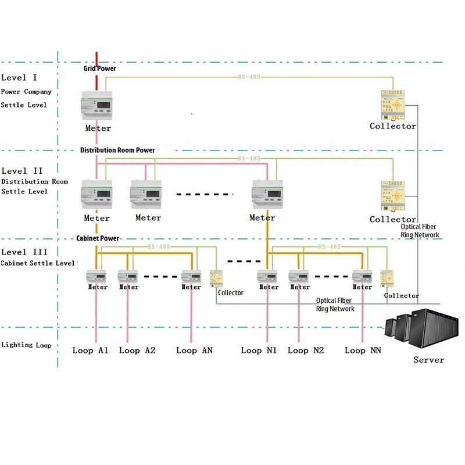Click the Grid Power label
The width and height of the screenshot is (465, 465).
pyautogui.click(x=99, y=69)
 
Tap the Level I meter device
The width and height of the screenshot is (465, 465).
pyautogui.click(x=97, y=106)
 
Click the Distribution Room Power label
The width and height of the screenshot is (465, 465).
pyautogui.click(x=117, y=150)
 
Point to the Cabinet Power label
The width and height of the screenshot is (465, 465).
pyautogui.click(x=98, y=238)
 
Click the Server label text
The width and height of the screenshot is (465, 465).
pyautogui.click(x=428, y=360)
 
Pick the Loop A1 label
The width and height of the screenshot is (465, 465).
pyautogui.click(x=91, y=350)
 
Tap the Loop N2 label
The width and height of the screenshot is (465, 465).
pyautogui.click(x=306, y=350)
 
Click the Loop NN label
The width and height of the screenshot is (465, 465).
pyautogui.click(x=363, y=350)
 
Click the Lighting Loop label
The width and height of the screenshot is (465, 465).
pyautogui.click(x=26, y=345)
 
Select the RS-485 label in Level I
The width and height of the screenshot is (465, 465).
pyautogui.click(x=249, y=76)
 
